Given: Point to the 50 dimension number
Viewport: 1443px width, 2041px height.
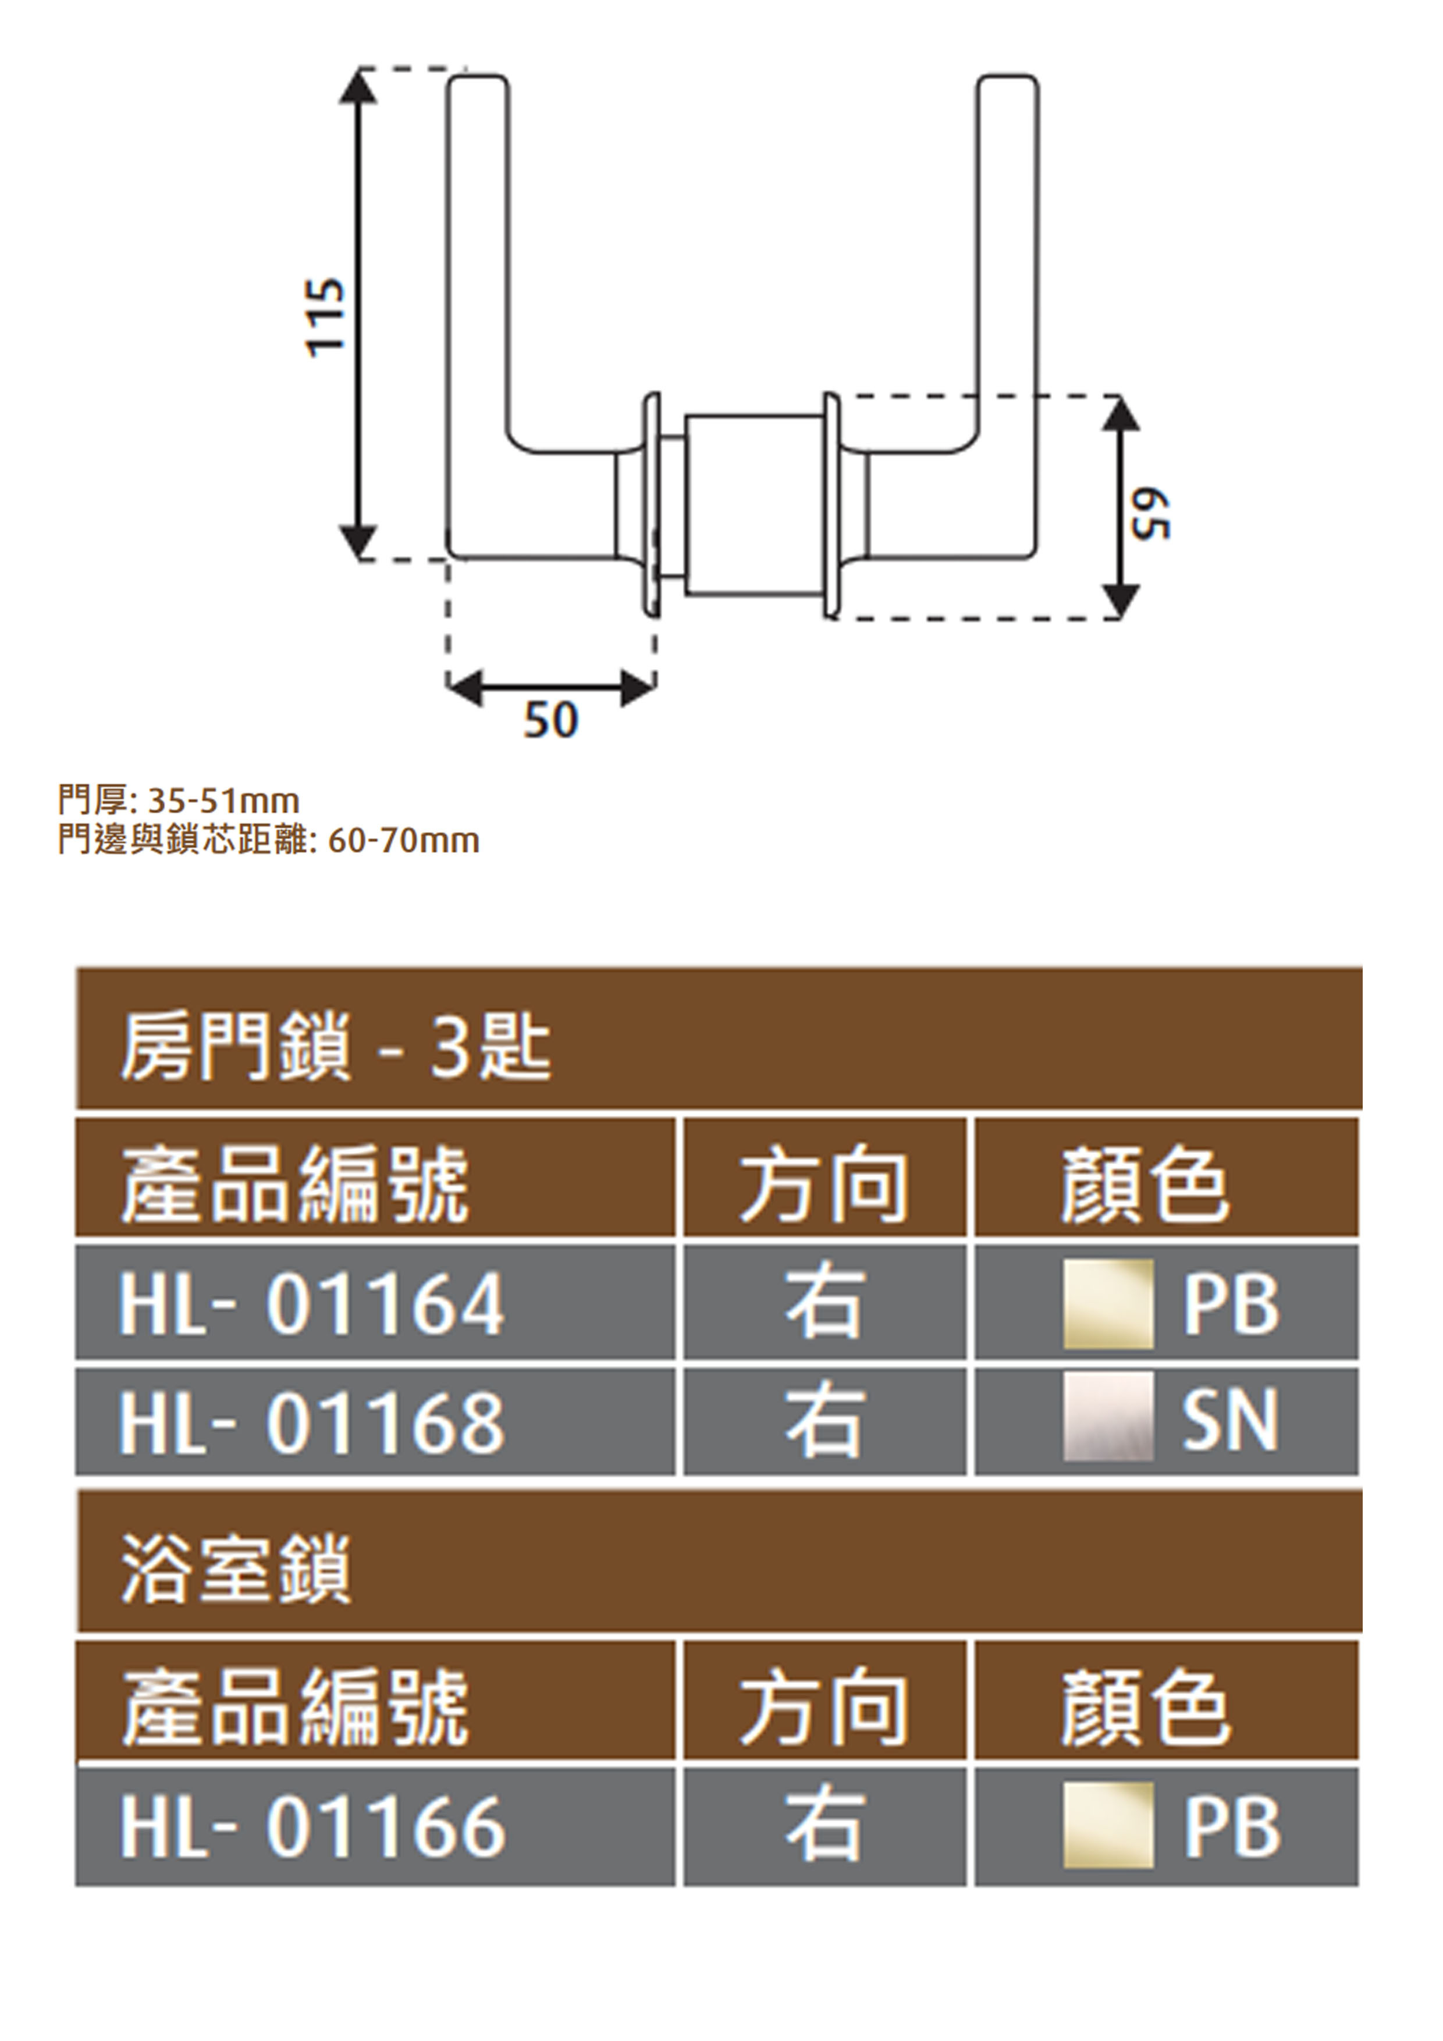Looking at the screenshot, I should click(550, 720).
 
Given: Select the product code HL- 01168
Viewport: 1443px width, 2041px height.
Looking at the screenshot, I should click(312, 1423).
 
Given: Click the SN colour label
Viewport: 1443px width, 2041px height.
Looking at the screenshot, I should click(1231, 1421).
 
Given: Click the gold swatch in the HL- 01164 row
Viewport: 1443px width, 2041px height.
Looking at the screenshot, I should click(1108, 1303).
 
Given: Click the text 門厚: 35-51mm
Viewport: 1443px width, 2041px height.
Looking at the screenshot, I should click(179, 802).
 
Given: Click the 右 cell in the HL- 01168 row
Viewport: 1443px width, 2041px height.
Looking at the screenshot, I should click(824, 1423).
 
